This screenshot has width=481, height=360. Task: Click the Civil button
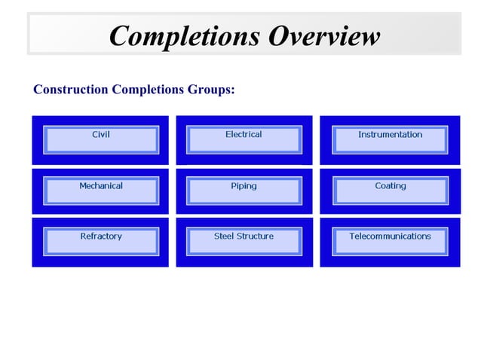[101, 139]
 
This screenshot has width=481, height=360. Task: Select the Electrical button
[244, 139]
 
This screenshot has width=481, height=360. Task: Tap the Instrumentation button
[390, 139]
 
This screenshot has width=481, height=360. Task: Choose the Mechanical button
[101, 190]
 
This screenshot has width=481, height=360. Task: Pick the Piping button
[244, 190]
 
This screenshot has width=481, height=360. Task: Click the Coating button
[390, 190]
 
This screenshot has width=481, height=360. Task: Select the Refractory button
[101, 240]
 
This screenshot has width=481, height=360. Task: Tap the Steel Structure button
[244, 240]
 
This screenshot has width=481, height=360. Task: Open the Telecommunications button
[390, 240]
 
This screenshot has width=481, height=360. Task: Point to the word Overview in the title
[324, 36]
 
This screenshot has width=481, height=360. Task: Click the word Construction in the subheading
[71, 90]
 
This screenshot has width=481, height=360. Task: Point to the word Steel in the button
[224, 236]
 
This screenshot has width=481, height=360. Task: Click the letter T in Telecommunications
[352, 236]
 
